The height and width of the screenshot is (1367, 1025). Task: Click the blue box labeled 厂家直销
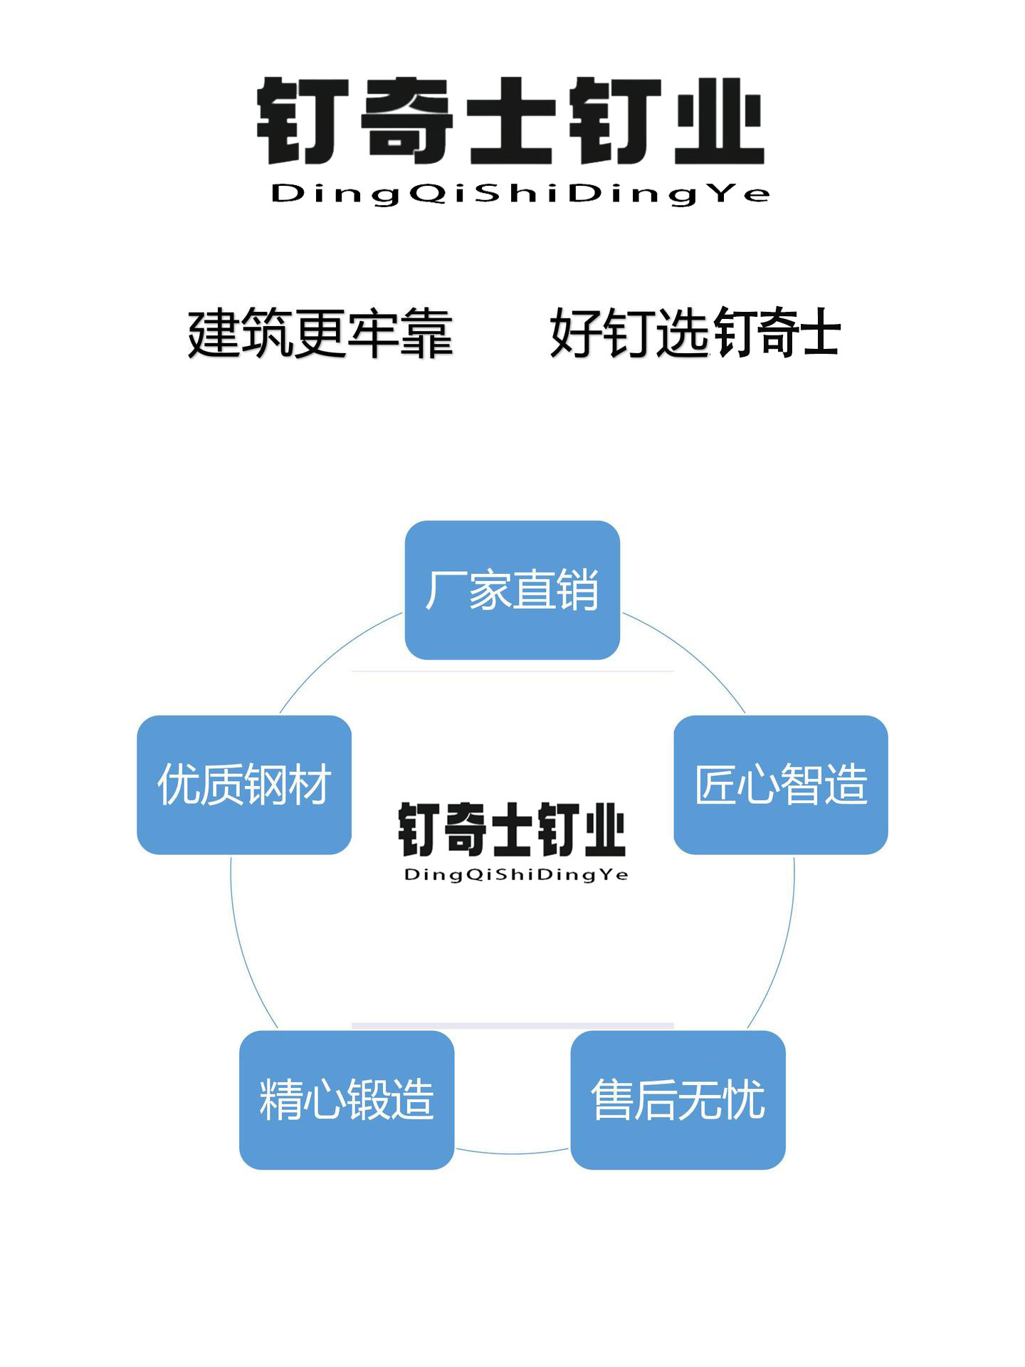click(512, 590)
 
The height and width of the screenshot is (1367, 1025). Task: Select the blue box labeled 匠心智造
click(780, 785)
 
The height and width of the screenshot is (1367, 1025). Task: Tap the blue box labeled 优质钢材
click(244, 785)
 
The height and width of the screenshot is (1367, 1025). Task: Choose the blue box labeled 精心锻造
click(347, 1099)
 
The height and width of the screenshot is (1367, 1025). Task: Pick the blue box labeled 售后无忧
click(678, 1099)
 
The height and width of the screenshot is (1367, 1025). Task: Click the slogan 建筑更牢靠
click(320, 333)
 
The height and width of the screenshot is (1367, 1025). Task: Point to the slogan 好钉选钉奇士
click(695, 333)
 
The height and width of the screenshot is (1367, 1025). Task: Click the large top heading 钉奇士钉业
click(510, 122)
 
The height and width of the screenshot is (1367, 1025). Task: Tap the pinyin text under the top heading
click(520, 194)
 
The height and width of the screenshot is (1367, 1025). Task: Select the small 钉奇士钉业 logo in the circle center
click(512, 829)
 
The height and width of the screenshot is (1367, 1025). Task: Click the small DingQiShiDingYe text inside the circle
click(516, 874)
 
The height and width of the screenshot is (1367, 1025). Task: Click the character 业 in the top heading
click(719, 122)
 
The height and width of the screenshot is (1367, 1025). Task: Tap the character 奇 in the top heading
click(406, 122)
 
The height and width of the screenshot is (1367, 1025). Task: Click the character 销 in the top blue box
click(577, 590)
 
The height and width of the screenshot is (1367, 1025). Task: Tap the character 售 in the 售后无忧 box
click(612, 1099)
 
